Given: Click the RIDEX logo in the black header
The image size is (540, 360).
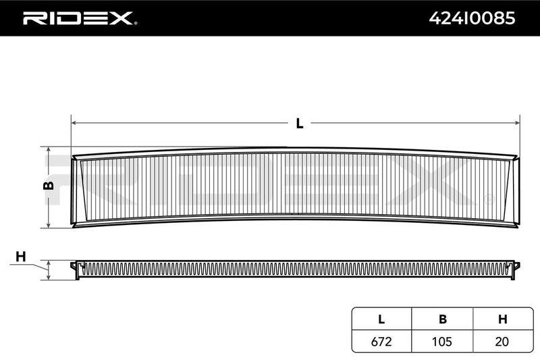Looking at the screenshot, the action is [78, 18].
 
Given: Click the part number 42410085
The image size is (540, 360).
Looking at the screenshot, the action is [472, 18].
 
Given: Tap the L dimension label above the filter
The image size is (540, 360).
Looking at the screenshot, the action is [300, 124].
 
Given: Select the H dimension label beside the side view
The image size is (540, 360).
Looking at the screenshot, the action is [21, 257].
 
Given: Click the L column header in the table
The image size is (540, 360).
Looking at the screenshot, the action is [381, 319].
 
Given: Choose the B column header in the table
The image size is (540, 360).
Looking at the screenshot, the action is [443, 319].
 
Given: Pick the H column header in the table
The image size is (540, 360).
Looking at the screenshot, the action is [502, 319].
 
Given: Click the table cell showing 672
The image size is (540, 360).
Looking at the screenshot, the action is [381, 341].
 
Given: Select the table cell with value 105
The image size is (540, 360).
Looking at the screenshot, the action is [442, 341].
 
